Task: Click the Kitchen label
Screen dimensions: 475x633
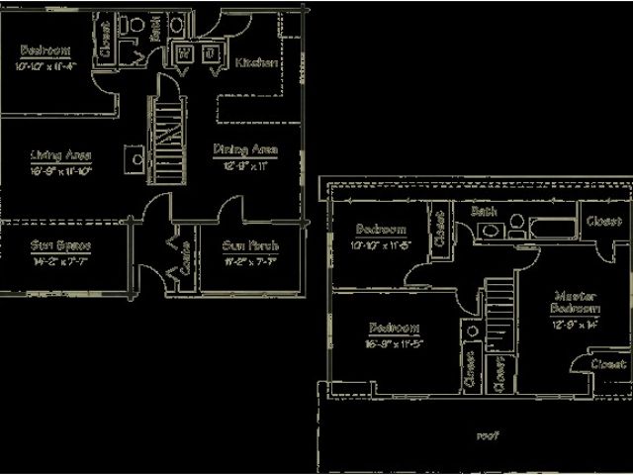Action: click(x=254, y=63)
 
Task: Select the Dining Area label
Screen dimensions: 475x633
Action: click(x=244, y=150)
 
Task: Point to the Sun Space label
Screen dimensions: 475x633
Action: click(x=60, y=245)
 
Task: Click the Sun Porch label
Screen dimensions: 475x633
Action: click(x=236, y=245)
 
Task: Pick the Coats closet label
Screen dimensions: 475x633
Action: click(x=183, y=258)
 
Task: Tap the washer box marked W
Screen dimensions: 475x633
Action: click(x=185, y=54)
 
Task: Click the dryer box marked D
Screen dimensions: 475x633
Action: click(x=211, y=54)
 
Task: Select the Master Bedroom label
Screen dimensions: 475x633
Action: click(x=573, y=301)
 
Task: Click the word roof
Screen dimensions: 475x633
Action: click(x=486, y=434)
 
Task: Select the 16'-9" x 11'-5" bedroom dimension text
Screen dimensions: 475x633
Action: click(x=394, y=345)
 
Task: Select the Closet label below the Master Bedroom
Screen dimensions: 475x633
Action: click(x=605, y=364)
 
